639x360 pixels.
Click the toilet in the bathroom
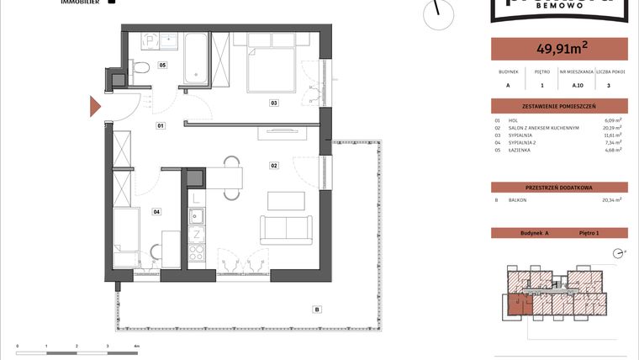click(x=142, y=68)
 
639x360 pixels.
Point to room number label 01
click(x=160, y=125)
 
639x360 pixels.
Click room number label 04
click(x=156, y=212)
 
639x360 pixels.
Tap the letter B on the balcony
click(x=316, y=310)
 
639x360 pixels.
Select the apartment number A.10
click(x=578, y=85)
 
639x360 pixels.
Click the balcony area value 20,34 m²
click(x=611, y=200)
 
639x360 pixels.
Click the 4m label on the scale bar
click(x=136, y=346)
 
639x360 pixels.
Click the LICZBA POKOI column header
click(x=611, y=72)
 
